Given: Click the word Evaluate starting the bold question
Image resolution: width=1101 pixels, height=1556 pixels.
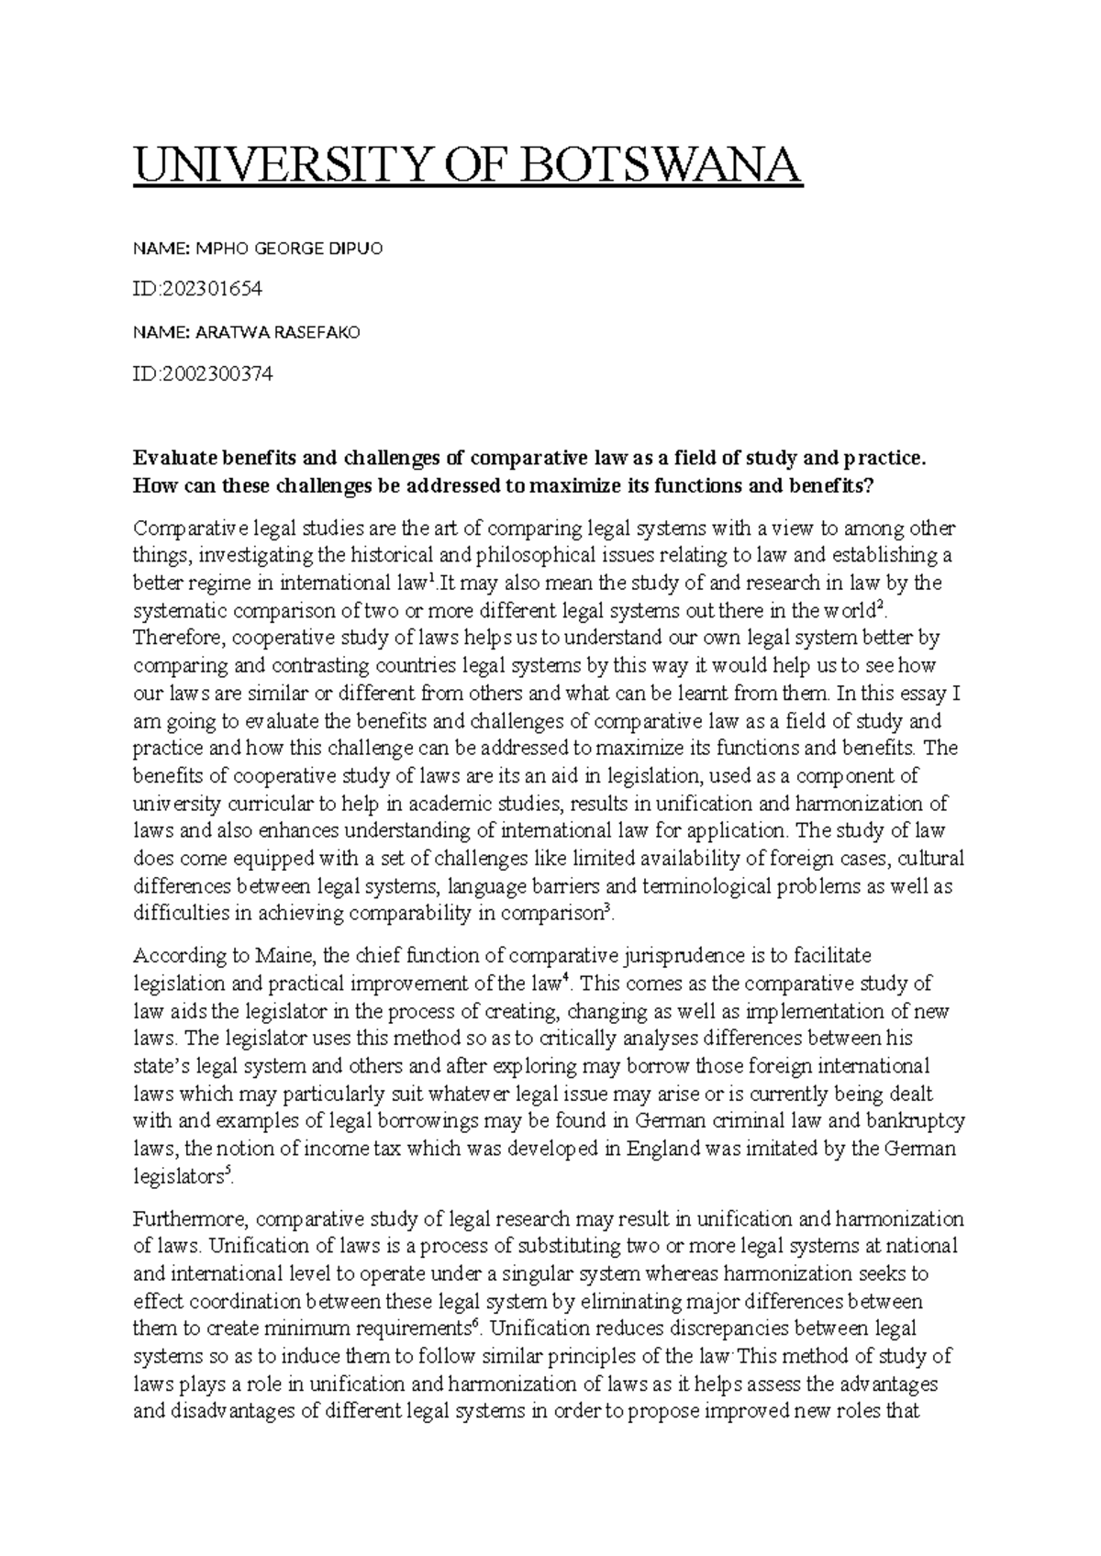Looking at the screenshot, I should click(x=171, y=458).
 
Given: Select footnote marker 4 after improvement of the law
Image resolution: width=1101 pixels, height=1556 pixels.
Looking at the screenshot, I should click(x=565, y=979).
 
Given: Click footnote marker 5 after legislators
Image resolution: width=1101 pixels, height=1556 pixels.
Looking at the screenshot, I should click(x=228, y=1172).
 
